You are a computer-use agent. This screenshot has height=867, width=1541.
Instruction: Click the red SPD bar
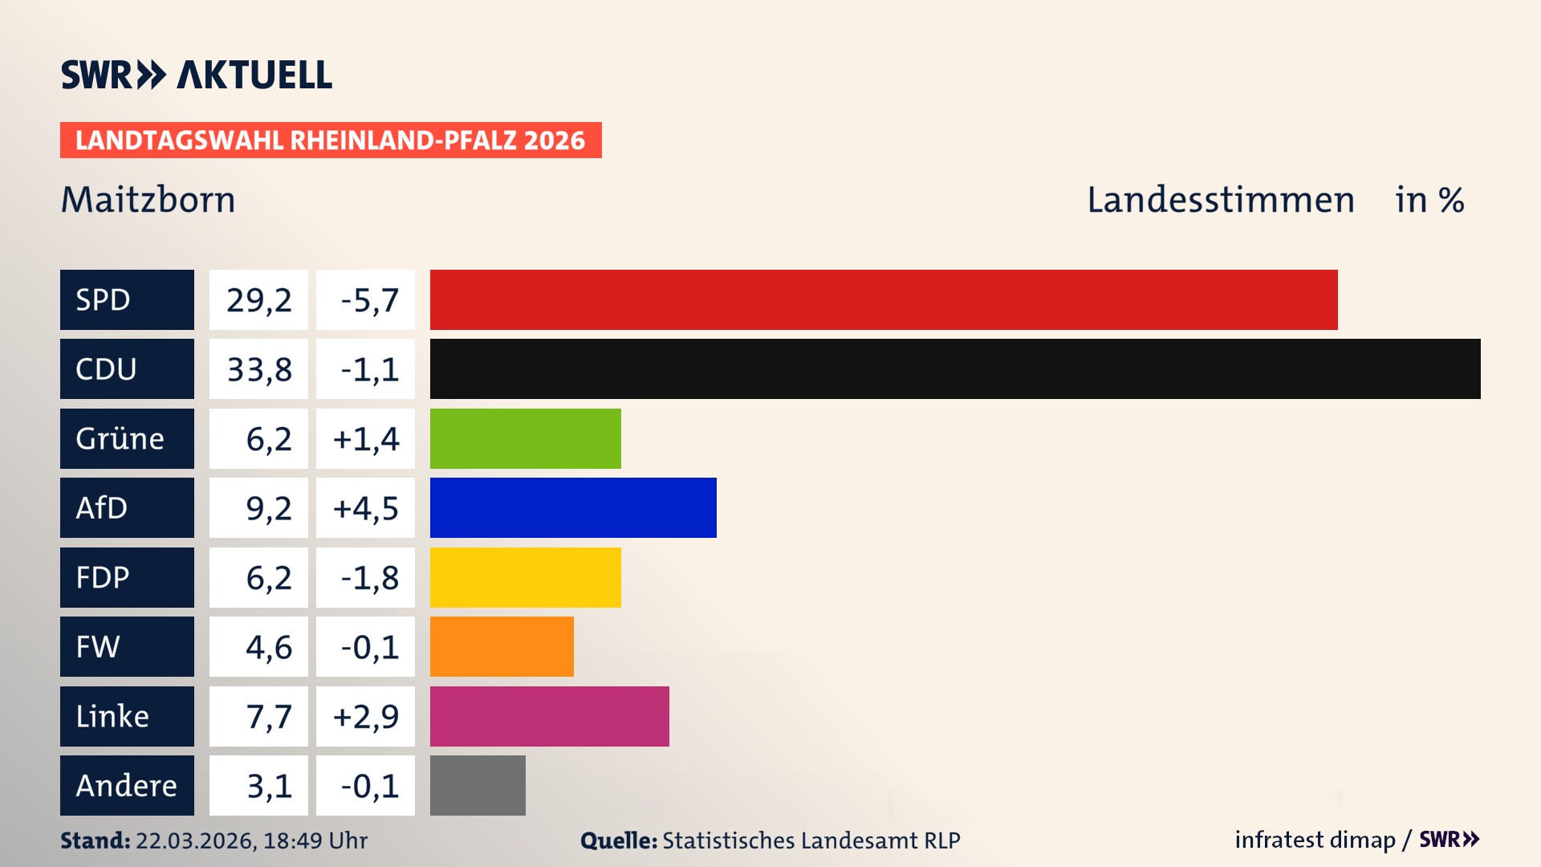coord(883,299)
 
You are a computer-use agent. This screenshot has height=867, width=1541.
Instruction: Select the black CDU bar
coord(955,368)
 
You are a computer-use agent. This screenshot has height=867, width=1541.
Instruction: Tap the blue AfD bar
coord(573,507)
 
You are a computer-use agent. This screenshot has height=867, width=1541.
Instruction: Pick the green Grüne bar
coord(525,438)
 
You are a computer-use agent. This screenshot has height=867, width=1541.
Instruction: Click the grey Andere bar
coord(478,785)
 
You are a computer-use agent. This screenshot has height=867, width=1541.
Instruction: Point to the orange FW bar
coord(502,646)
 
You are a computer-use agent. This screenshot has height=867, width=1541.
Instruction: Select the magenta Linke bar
coord(549,716)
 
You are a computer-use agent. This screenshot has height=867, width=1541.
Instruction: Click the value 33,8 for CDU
coord(259,369)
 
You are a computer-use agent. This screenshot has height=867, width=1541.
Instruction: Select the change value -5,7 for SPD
coord(369,300)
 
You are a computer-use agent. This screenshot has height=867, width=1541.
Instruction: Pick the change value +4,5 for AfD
coord(366,508)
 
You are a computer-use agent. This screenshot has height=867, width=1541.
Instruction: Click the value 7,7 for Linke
coord(268,716)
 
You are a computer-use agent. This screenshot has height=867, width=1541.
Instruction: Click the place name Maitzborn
coord(148,200)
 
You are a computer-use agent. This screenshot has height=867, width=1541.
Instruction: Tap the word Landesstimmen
coord(1220,200)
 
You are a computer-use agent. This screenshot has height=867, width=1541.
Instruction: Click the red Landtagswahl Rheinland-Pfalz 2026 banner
coord(331,140)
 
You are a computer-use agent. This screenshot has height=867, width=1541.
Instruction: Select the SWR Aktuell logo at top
coord(197,75)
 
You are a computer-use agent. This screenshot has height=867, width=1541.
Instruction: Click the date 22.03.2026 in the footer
coord(195,841)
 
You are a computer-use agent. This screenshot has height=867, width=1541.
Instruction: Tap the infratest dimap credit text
coord(1315,840)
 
